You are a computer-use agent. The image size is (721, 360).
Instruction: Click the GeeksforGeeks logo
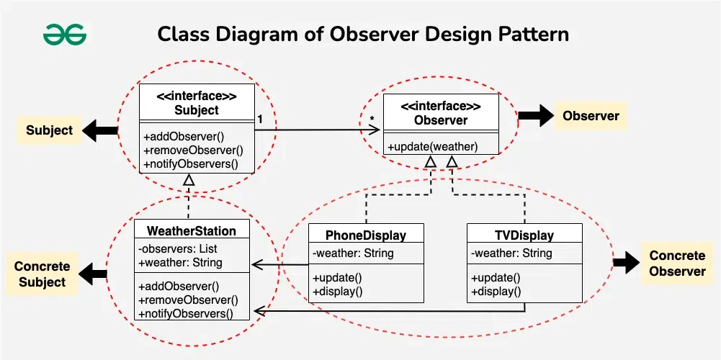[x=64, y=34]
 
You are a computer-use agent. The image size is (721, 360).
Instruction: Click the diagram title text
[x=363, y=34]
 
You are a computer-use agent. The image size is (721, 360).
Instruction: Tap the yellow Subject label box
[x=50, y=130]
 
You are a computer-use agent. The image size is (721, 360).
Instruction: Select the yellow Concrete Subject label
[x=42, y=274]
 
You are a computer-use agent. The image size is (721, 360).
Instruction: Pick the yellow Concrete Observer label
[x=677, y=264]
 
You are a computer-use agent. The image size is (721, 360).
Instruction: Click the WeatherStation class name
[x=191, y=231]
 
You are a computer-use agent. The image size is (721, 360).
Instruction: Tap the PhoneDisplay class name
[x=365, y=235]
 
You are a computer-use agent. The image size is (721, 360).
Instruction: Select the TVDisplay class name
[x=524, y=235]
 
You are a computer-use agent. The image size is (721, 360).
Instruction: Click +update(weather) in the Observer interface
[x=432, y=147]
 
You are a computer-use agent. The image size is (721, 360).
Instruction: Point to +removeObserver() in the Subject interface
[x=193, y=150]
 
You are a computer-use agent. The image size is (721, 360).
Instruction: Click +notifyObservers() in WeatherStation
[x=189, y=312]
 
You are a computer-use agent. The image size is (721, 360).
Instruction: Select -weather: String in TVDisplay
[x=511, y=253]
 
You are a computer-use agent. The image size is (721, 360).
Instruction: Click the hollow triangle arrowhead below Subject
[x=189, y=180]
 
